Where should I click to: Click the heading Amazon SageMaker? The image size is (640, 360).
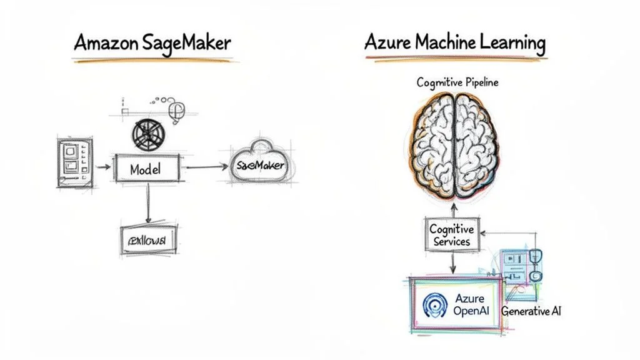coord(152,43)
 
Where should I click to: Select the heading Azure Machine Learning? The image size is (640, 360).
coord(455,43)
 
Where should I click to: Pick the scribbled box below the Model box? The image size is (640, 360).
coord(147,239)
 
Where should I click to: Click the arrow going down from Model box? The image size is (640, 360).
coord(147,203)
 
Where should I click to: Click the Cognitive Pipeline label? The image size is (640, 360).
coord(458,82)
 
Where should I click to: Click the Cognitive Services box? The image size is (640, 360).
coord(452,236)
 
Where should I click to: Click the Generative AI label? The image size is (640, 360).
coord(531,311)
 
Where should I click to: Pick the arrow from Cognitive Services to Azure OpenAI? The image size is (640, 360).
coord(452,263)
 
